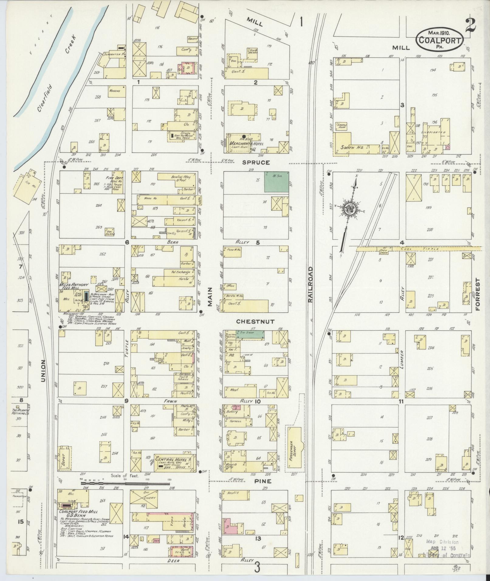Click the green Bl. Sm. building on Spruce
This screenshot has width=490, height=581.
276,182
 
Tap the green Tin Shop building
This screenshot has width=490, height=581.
250,335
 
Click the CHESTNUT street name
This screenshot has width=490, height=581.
255,321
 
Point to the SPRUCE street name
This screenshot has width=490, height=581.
256,162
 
